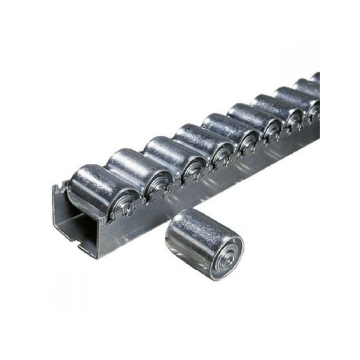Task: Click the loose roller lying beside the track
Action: (x=203, y=244)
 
